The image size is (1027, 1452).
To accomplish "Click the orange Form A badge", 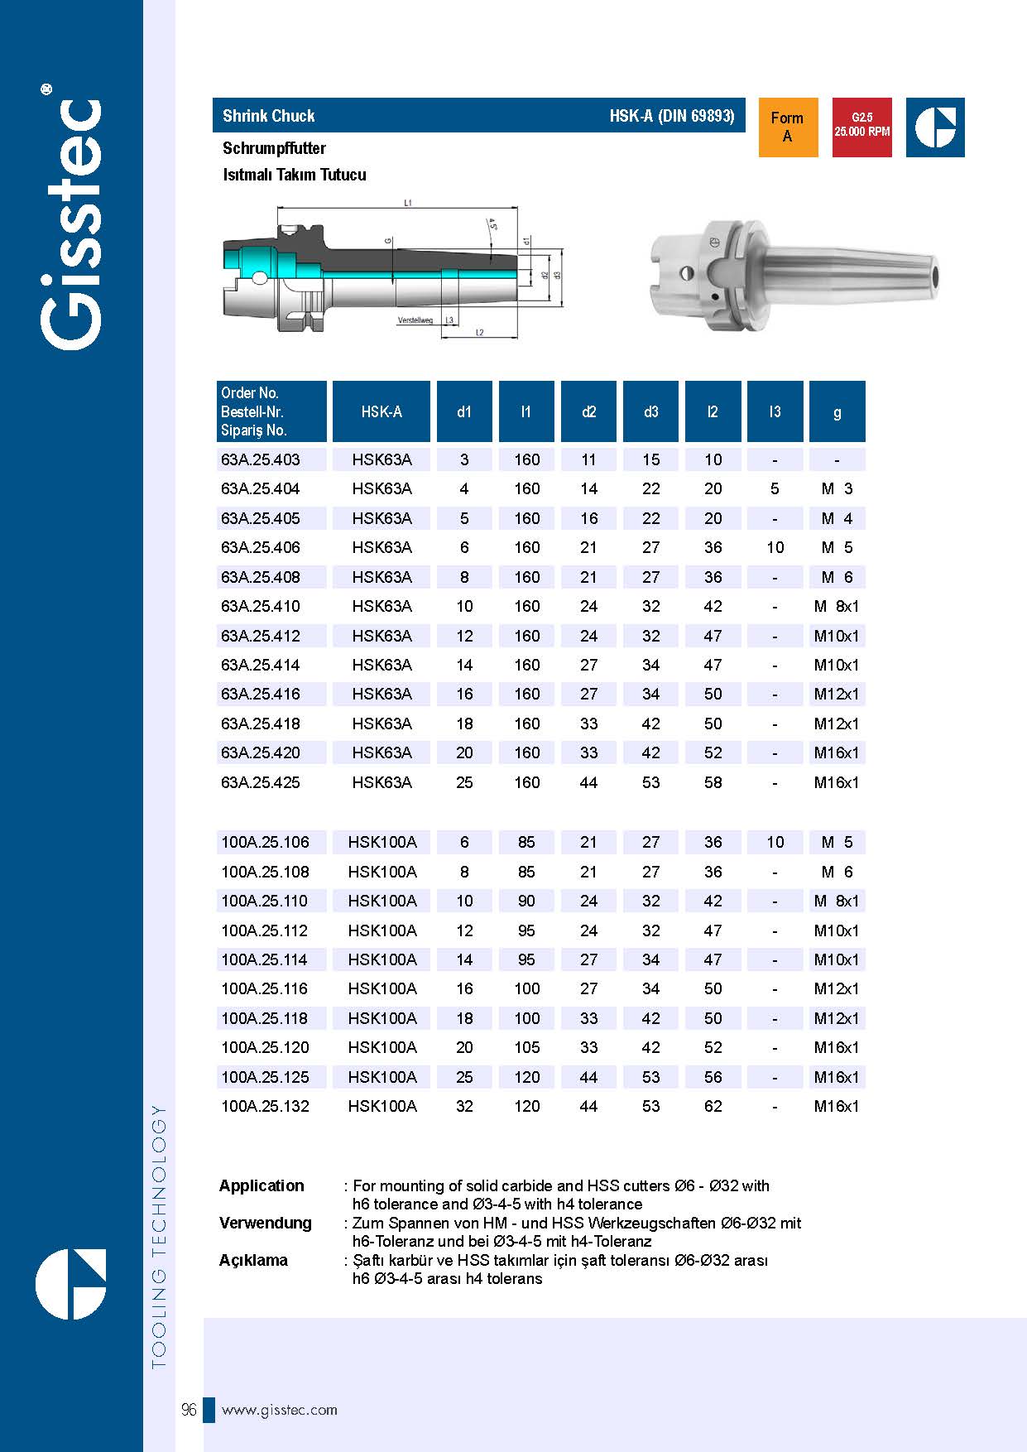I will tap(787, 127).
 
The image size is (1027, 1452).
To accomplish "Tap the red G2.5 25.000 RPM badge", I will tap(861, 127).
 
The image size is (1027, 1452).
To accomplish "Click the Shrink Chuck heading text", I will tap(269, 116).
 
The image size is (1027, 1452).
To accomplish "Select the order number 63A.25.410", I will tap(261, 606).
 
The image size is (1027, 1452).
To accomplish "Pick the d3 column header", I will tap(650, 411).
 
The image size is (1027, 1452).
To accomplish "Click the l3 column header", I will tap(775, 411).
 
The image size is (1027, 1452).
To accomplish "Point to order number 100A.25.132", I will tap(265, 1106).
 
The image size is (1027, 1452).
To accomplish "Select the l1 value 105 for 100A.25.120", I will tap(526, 1047).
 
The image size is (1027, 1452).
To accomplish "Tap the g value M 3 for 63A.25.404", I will tap(837, 488).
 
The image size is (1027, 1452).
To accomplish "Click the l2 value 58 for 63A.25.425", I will tap(713, 782).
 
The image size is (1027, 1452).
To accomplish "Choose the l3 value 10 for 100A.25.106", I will tap(775, 842).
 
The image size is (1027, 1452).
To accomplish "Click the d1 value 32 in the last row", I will tap(464, 1106).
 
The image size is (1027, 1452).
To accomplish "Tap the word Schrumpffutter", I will tap(274, 148).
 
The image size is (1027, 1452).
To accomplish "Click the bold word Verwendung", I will tap(266, 1223).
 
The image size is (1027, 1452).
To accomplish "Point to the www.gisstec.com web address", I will tap(280, 1410).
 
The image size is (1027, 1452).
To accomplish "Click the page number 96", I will tap(189, 1410).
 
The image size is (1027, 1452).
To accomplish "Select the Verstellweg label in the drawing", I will tap(415, 320).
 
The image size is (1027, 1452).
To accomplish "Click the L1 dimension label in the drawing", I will tap(408, 202).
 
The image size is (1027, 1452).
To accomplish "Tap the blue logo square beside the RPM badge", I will tap(935, 127).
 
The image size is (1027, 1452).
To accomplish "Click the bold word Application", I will tap(262, 1185).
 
